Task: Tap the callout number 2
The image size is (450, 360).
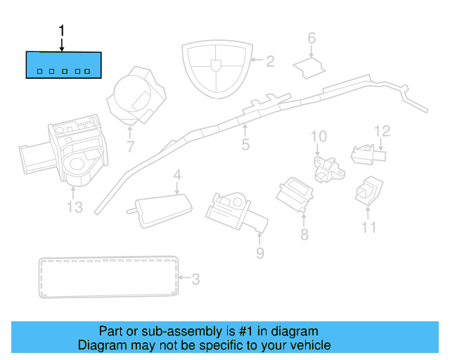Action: pos(269,61)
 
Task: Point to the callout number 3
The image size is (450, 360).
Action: pos(195,280)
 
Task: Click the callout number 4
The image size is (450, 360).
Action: pos(178,175)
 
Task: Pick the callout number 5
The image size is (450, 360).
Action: pos(245,145)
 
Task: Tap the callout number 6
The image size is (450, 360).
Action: pos(311,39)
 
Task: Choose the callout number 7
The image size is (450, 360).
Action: pos(130,147)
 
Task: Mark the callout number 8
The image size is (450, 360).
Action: pos(304,235)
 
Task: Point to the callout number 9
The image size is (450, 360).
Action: pos(259,253)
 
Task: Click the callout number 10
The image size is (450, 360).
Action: pos(319,136)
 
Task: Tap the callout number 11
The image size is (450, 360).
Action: pos(369,227)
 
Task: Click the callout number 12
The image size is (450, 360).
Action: pos(382,131)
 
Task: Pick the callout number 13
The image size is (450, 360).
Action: pos(75,207)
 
